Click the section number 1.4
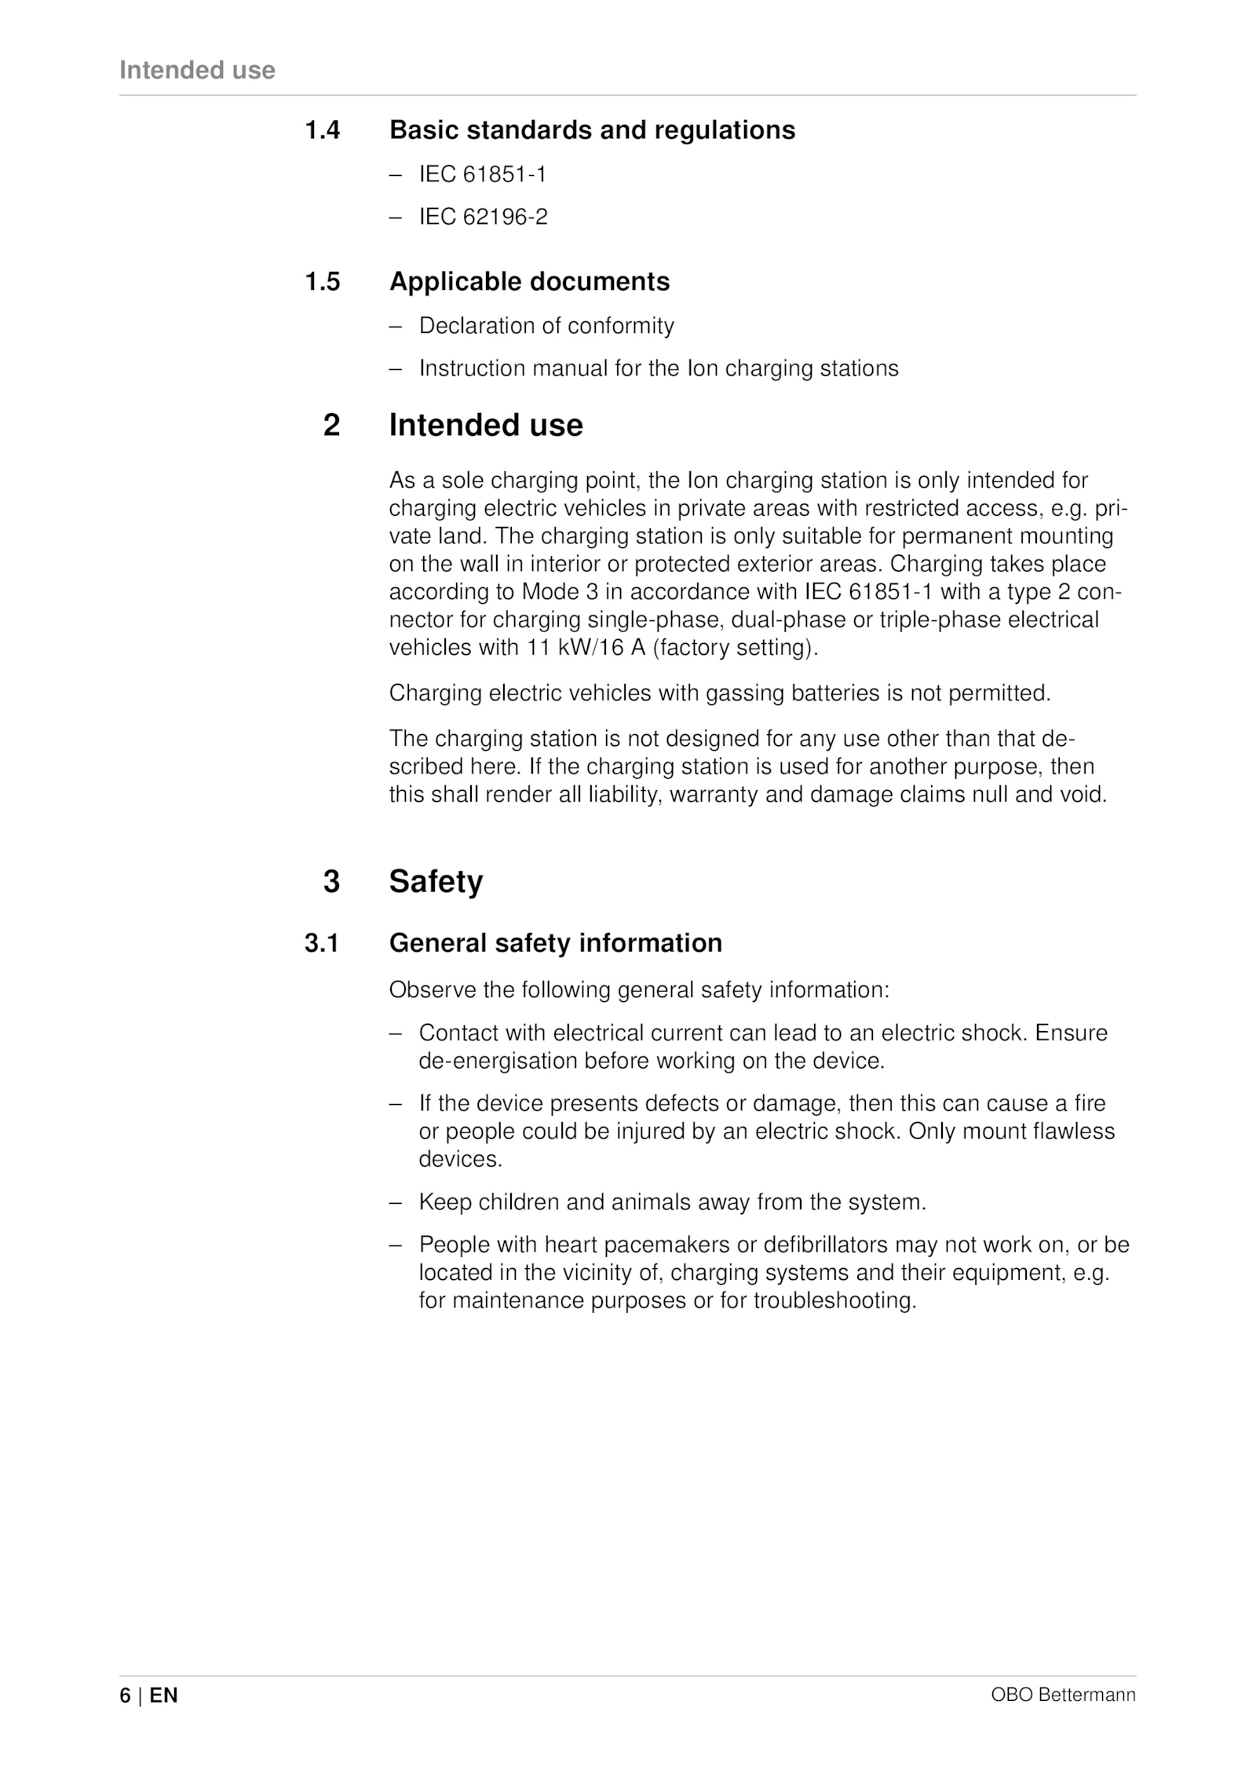tap(322, 130)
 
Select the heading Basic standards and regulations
tap(592, 130)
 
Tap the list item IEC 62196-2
tap(483, 217)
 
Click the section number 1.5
tap(322, 282)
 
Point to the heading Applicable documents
tap(529, 282)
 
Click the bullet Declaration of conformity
tap(546, 326)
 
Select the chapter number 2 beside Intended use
tap(332, 426)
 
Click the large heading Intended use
tap(486, 426)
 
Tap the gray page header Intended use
tap(197, 71)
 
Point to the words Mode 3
tap(560, 592)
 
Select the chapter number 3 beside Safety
tap(332, 882)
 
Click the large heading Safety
tap(436, 882)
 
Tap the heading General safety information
tap(555, 943)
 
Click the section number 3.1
tap(322, 943)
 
